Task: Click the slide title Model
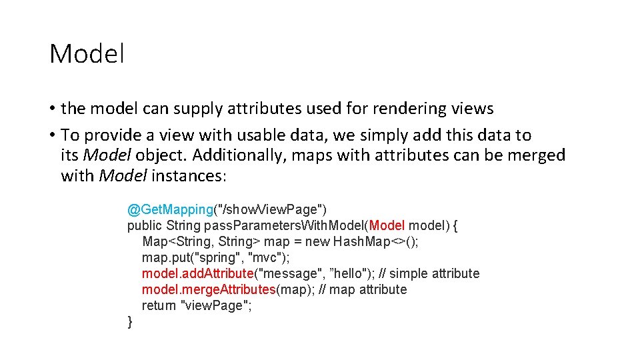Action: click(87, 54)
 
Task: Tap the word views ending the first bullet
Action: click(471, 109)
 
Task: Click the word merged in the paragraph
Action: click(537, 156)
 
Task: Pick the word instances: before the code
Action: click(189, 177)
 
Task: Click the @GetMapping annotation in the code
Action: click(170, 210)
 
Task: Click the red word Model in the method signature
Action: click(387, 226)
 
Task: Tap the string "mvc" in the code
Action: click(269, 258)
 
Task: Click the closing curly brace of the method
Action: click(130, 323)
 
